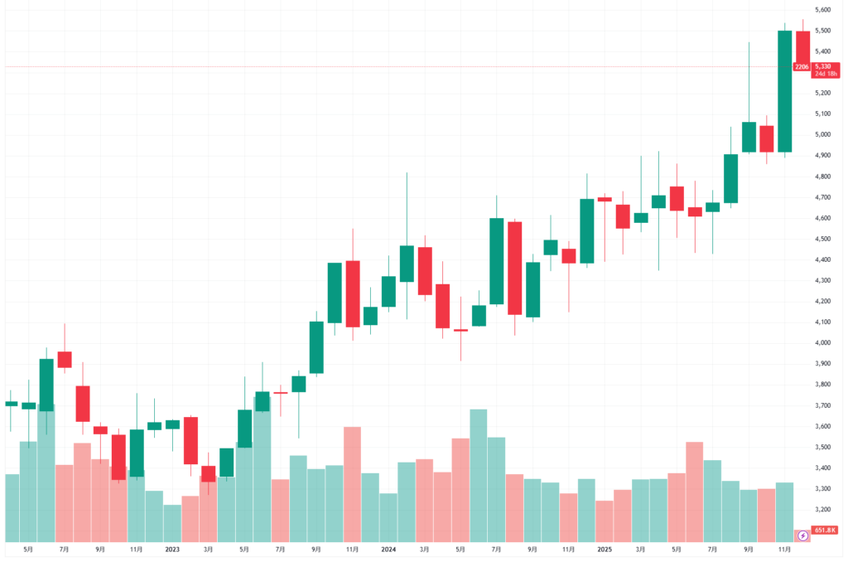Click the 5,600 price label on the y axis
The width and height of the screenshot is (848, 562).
[822, 10]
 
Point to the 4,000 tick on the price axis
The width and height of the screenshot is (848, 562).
[822, 343]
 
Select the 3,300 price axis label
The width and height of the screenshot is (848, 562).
[822, 489]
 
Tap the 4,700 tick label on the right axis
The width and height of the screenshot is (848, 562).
[822, 197]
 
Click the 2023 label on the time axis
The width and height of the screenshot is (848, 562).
[172, 549]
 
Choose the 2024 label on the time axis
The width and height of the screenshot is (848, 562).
[388, 549]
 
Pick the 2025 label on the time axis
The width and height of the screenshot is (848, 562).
[605, 549]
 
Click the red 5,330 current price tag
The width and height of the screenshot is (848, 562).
[822, 66]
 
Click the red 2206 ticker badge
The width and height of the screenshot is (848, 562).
[801, 66]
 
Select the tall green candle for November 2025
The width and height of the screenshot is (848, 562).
[784, 91]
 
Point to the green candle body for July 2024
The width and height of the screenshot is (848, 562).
[497, 261]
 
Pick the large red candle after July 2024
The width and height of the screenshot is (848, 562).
[515, 268]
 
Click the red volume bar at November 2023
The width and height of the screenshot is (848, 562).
[352, 484]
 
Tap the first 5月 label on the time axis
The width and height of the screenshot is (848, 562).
[29, 549]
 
